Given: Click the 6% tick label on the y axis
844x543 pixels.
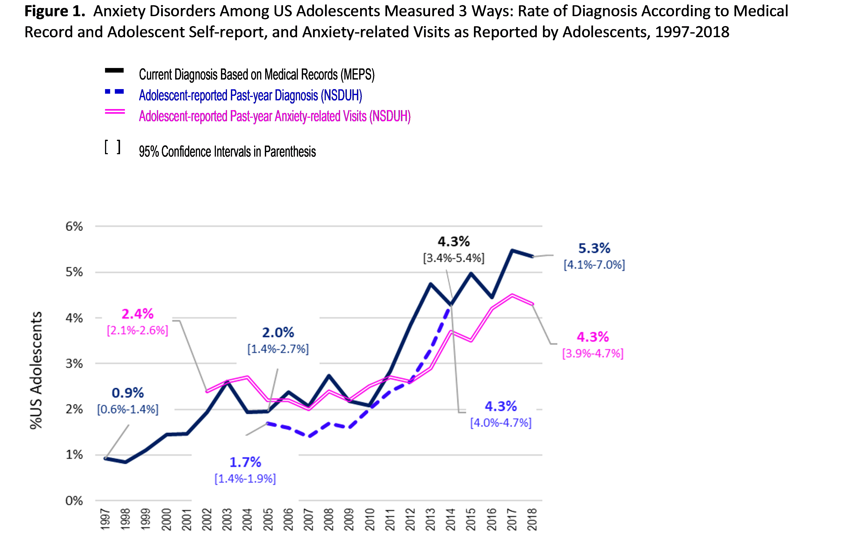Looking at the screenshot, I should pos(74,226).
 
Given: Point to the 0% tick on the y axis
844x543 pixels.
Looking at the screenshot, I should pos(74,501).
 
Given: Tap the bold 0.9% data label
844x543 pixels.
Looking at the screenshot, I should pos(128,393).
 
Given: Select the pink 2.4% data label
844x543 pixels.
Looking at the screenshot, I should pos(137,314).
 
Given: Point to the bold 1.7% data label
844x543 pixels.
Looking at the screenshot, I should pos(245,462).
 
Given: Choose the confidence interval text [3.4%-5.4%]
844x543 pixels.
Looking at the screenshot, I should pos(454,258).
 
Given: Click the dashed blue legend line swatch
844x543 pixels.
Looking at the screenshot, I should pos(115,92).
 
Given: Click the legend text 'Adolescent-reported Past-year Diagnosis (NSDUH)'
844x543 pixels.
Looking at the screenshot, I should pos(250,95).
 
